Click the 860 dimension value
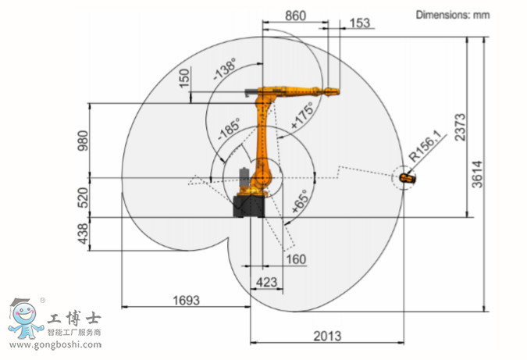tap(295, 16)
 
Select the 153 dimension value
tap(360, 23)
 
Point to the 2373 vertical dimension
tap(461, 127)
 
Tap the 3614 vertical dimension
tap(477, 174)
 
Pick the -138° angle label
tap(225, 69)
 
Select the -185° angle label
tap(230, 129)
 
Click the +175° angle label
tap(302, 116)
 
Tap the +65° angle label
tap(300, 201)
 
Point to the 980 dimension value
tap(83, 141)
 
